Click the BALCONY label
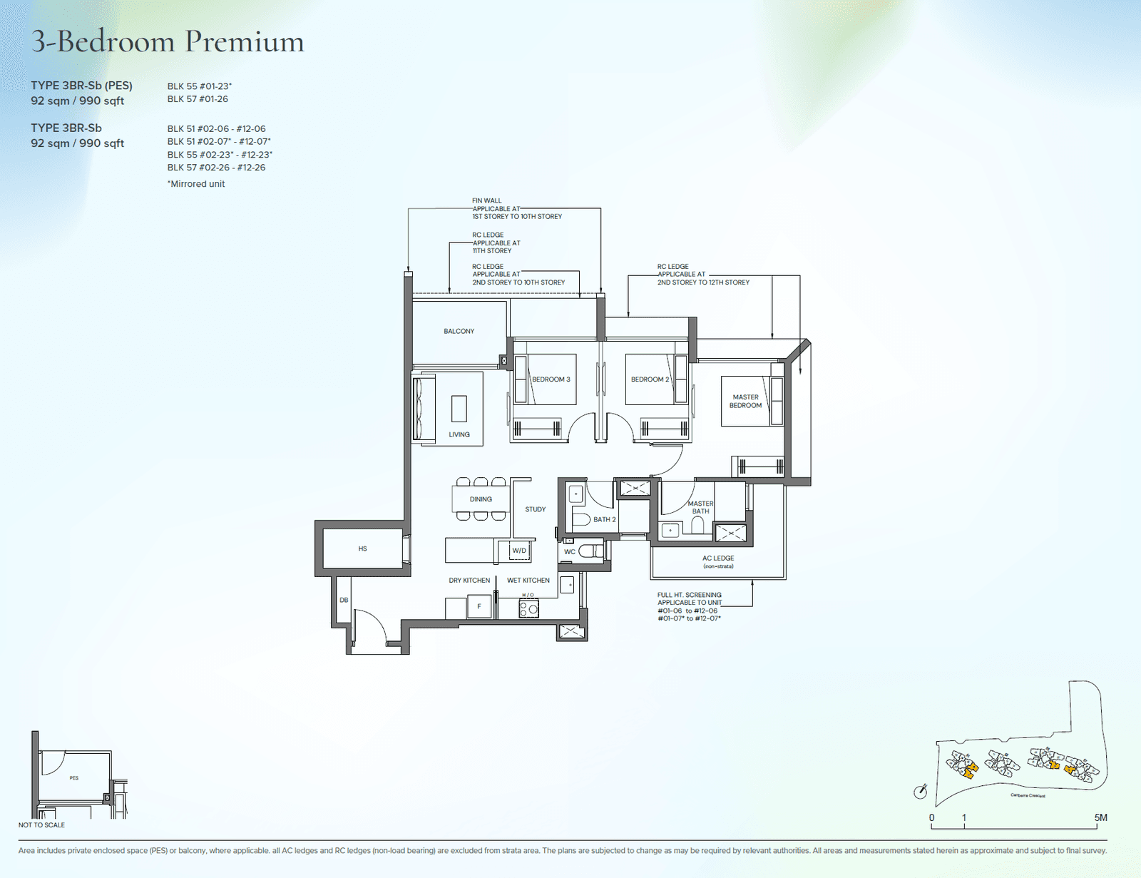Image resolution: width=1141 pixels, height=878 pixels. (x=459, y=331)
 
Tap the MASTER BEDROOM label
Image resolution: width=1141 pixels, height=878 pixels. (x=745, y=402)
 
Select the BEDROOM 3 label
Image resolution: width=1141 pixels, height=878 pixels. (x=551, y=379)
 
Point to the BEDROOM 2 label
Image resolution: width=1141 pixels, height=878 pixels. (x=650, y=379)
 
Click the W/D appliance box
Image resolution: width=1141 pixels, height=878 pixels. (x=519, y=551)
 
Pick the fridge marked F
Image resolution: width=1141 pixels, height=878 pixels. (x=479, y=607)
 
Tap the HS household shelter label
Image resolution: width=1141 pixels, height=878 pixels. (x=362, y=548)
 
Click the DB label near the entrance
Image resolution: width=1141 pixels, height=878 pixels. (x=344, y=600)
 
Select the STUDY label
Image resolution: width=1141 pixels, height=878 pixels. (x=535, y=509)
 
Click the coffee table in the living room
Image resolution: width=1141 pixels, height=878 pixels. (x=459, y=409)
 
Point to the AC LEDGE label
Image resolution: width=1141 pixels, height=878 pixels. (x=717, y=558)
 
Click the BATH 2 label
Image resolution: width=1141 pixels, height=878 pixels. (x=604, y=519)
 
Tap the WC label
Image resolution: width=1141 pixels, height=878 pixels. (x=569, y=551)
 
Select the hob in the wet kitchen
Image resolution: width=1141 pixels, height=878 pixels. (x=528, y=609)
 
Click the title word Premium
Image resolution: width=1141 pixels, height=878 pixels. (x=245, y=41)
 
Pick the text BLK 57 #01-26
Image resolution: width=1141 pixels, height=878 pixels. (x=198, y=99)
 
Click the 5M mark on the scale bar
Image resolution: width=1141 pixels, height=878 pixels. (x=1100, y=817)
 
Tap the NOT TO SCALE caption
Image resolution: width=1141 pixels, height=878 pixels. (x=41, y=825)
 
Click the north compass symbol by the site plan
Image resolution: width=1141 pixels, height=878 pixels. (x=921, y=792)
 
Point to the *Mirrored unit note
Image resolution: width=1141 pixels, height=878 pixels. (x=196, y=184)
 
